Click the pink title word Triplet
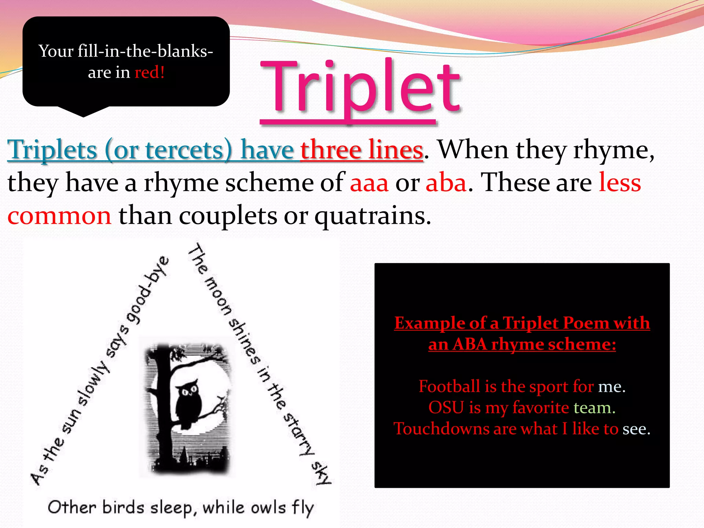coord(360,88)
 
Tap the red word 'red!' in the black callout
coord(149,73)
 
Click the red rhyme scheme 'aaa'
coord(369,183)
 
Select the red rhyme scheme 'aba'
coord(446,183)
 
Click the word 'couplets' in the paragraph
coord(228,217)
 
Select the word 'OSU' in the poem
coord(446,408)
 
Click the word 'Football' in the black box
coord(449,386)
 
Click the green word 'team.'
coord(594,408)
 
